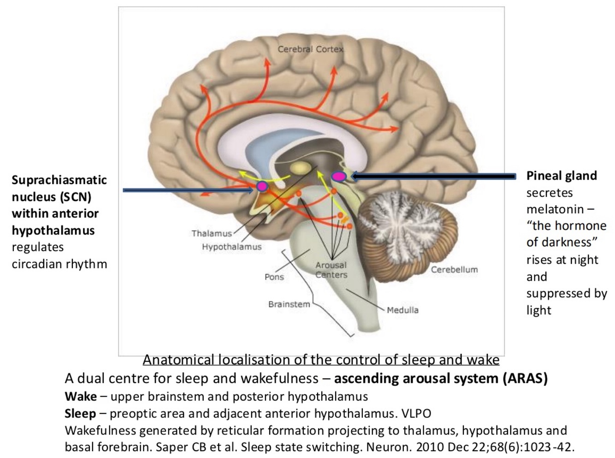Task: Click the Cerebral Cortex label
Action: pos(310,49)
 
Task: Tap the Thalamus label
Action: pos(212,233)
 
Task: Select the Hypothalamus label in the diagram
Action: pos(231,247)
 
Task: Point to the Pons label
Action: pos(274,277)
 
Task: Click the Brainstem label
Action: pos(289,304)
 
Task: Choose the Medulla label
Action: pos(402,310)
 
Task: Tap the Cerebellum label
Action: pos(454,269)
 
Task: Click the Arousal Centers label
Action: pos(331,270)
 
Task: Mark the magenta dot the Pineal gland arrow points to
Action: pos(339,176)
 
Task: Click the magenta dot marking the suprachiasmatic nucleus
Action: pos(262,186)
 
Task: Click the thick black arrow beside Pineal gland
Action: pos(433,176)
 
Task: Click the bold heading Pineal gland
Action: pos(562,176)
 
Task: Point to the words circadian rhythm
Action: pos(59,264)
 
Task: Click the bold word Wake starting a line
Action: pos(81,397)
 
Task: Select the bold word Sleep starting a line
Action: pos(81,413)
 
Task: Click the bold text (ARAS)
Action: pos(525,379)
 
